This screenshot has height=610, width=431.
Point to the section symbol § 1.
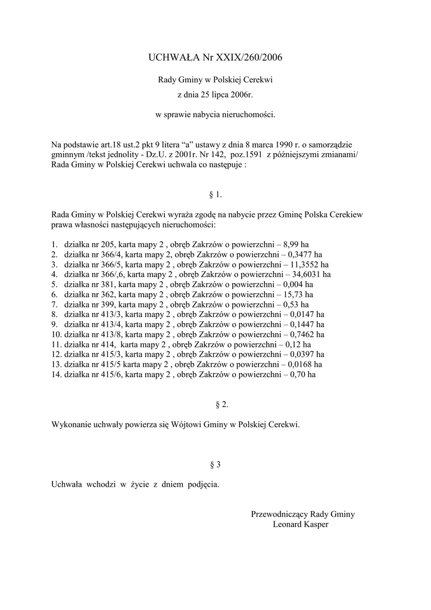pos(215,195)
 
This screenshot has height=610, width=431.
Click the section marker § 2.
pos(215,404)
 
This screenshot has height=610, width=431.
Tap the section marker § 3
pos(215,464)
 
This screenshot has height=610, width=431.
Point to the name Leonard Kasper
pos(300,524)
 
